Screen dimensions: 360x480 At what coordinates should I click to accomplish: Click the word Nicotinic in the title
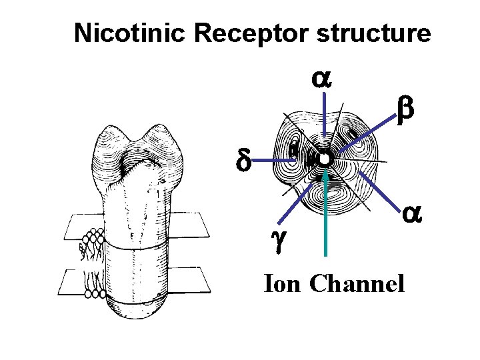[119, 33]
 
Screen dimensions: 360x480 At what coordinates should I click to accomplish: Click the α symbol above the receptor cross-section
[323, 78]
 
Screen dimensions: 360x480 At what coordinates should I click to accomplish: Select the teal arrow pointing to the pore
[325, 213]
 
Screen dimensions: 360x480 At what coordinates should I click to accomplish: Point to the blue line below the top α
[324, 120]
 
